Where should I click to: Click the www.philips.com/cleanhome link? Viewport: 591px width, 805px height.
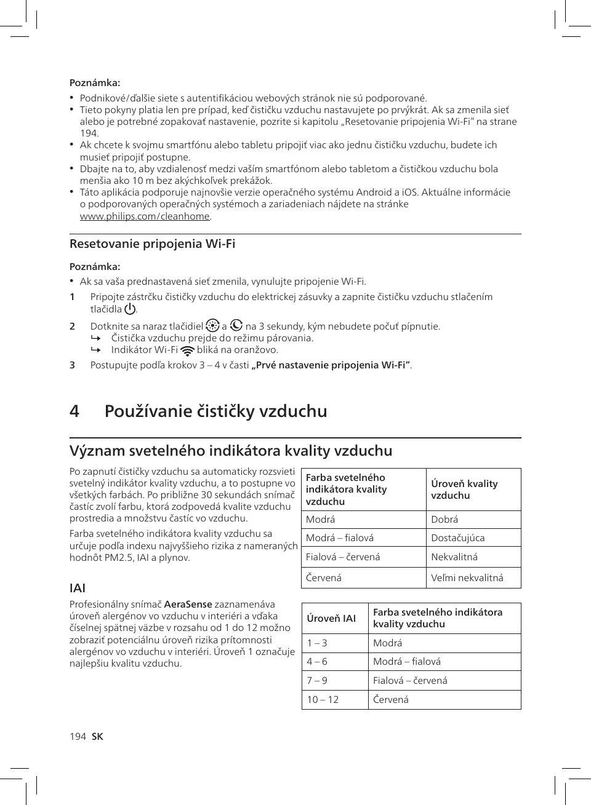(145, 216)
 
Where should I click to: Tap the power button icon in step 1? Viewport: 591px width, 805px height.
(130, 309)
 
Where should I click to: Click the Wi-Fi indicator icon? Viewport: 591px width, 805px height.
(188, 351)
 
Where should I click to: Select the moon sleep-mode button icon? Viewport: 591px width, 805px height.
(236, 326)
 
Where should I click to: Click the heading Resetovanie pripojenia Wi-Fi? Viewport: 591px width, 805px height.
(152, 244)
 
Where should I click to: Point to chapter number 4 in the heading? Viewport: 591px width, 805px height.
(74, 411)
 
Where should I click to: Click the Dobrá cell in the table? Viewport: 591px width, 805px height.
(444, 520)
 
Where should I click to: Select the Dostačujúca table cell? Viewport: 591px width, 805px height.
(457, 538)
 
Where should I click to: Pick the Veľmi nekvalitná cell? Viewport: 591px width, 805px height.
(467, 578)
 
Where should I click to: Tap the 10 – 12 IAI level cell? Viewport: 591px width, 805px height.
(323, 700)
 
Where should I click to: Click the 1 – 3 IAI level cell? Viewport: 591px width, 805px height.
(317, 643)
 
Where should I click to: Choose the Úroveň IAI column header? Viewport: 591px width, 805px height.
(331, 618)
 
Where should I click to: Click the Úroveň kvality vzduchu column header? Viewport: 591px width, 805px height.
(464, 490)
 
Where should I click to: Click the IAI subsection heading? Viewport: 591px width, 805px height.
(78, 588)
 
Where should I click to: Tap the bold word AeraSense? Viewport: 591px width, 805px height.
(188, 605)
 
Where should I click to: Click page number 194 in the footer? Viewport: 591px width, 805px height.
(78, 737)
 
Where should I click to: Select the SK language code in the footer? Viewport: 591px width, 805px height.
(97, 737)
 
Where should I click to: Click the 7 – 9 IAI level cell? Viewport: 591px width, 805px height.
(317, 681)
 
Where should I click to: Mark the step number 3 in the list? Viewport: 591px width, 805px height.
(72, 365)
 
